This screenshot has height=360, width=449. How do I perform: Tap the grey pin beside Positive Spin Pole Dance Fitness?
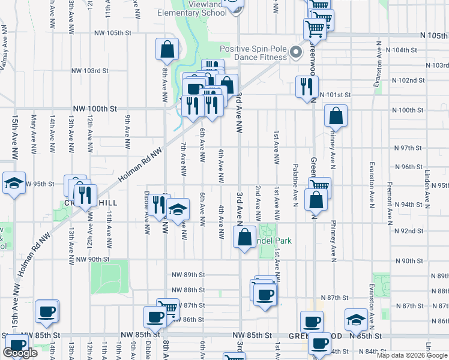[x=295, y=53]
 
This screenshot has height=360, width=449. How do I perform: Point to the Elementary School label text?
[x=187, y=13]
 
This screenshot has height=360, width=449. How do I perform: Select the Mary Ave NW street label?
[x=34, y=133]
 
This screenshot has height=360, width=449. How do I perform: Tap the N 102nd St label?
[x=408, y=80]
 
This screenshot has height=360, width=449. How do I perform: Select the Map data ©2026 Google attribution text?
[x=411, y=355]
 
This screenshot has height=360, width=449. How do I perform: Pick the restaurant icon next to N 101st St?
[x=307, y=86]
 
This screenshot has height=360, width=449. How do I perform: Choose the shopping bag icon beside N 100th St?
[x=336, y=116]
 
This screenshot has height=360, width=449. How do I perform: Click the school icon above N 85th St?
[x=356, y=319]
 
